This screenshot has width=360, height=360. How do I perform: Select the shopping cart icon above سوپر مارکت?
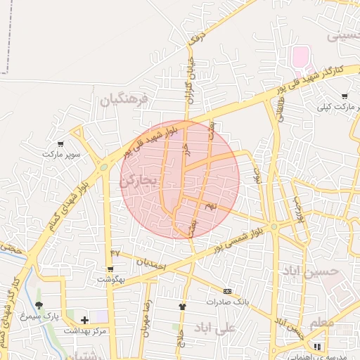[x=60, y=143]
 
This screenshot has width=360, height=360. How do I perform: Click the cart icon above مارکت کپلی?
[x=344, y=96]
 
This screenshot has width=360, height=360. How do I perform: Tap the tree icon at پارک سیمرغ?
[x=39, y=306]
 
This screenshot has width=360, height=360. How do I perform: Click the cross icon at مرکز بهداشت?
[x=84, y=320]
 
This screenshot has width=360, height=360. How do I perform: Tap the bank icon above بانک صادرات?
[x=227, y=291]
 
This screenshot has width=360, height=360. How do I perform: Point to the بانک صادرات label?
[x=227, y=301]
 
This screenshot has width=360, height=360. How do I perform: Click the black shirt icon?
[x=183, y=307]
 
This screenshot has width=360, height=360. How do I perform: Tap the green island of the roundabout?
[x=104, y=167]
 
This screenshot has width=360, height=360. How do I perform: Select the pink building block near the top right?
[x=300, y=56]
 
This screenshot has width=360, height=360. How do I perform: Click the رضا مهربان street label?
[x=147, y=320]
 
